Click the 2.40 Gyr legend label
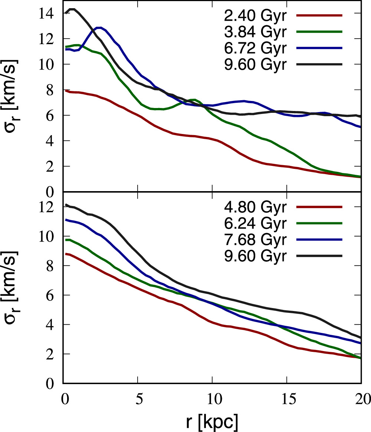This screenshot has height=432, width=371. click(255, 16)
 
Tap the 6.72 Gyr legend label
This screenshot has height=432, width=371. click(255, 48)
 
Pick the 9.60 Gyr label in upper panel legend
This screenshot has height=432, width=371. click(255, 65)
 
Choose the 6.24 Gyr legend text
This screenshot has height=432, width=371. click(255, 223)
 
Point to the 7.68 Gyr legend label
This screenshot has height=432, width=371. click(255, 240)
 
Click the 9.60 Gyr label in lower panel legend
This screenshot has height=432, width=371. click(255, 256)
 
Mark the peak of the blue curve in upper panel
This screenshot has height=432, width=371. click(99, 27)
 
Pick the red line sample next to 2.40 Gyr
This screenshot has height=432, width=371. click(319, 16)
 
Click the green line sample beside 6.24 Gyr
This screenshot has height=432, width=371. click(319, 223)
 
